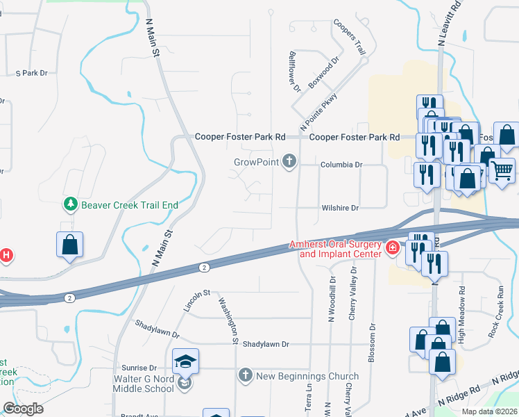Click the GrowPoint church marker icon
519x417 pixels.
click(x=289, y=163)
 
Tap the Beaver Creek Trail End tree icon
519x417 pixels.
click(x=70, y=204)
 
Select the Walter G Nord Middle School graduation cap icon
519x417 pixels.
click(x=185, y=361)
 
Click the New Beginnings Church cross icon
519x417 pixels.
click(x=245, y=375)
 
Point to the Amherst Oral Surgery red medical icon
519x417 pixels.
click(x=392, y=247)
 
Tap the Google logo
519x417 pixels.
click(x=23, y=409)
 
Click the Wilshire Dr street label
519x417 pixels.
click(x=339, y=208)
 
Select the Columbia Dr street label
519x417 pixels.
click(x=341, y=165)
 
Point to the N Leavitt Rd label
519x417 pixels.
click(x=450, y=23)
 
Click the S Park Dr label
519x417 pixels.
click(x=31, y=73)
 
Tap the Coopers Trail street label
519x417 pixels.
click(x=350, y=36)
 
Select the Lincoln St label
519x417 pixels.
click(x=196, y=300)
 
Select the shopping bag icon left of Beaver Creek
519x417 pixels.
click(x=69, y=245)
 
